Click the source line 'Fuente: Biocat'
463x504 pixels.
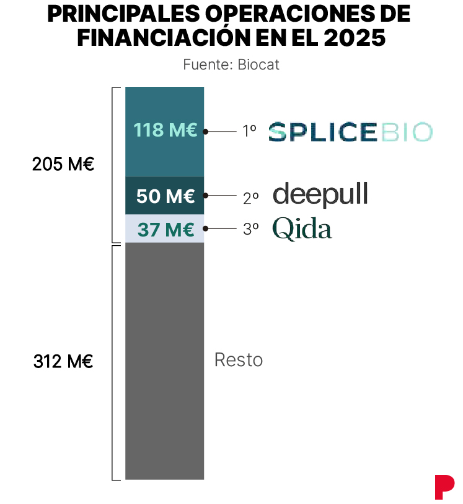[231, 65]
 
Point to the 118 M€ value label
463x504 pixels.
[165, 130]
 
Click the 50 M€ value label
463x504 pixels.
[165, 196]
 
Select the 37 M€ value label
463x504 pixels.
[165, 229]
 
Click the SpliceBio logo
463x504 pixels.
[350, 132]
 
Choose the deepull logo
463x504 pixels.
[320, 195]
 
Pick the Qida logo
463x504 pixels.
[302, 228]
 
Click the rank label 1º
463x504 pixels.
[250, 131]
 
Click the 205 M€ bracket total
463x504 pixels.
[63, 165]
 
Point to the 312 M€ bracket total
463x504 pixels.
[63, 361]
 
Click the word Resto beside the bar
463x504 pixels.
[239, 360]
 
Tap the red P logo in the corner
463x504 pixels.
[444, 487]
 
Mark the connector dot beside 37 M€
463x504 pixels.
[206, 228]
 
